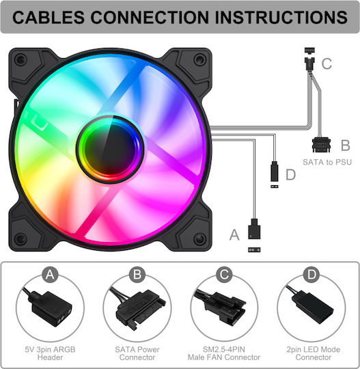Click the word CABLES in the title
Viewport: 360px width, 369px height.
click(49, 17)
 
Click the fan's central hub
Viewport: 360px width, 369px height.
click(110, 149)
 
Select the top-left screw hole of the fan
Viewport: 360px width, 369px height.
click(20, 59)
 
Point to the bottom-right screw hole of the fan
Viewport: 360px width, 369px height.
click(199, 238)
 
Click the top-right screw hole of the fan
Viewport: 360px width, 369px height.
click(199, 59)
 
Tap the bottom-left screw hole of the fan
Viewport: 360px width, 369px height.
click(20, 238)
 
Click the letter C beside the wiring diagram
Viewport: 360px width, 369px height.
click(327, 64)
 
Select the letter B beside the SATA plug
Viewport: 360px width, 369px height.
click(346, 145)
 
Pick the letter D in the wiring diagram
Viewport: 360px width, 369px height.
click(290, 175)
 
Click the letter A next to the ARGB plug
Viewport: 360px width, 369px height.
click(234, 235)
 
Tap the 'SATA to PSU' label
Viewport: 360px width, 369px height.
click(327, 162)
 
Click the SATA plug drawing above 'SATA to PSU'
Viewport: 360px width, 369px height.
click(321, 145)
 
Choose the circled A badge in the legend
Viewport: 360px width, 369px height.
click(50, 275)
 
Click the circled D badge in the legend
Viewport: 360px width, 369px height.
click(311, 275)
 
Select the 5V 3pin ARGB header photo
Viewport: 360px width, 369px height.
click(49, 306)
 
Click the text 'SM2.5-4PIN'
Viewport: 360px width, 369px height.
click(224, 349)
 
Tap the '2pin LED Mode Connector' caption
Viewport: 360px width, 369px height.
click(314, 353)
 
